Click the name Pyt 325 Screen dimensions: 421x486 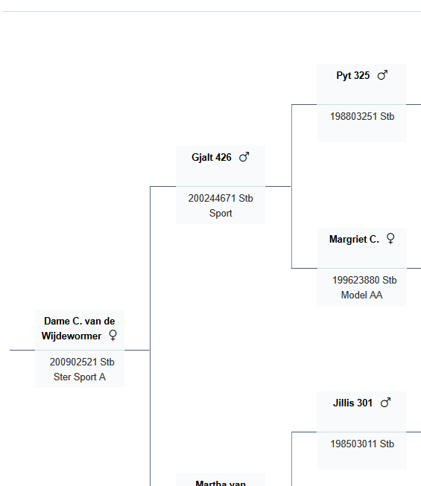(x=352, y=76)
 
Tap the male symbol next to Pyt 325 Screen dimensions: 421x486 (x=382, y=75)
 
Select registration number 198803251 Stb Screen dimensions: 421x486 (x=362, y=117)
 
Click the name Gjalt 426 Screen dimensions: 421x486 (x=212, y=158)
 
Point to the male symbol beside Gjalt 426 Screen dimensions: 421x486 (x=244, y=157)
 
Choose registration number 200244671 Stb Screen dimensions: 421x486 (x=221, y=199)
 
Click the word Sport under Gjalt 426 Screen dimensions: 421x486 (x=221, y=214)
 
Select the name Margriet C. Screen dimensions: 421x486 (x=354, y=240)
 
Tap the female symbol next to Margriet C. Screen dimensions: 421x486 (x=390, y=239)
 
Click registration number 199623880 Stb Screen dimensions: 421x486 (x=364, y=280)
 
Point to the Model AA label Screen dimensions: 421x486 (x=361, y=295)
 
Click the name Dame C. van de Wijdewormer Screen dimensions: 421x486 (x=79, y=328)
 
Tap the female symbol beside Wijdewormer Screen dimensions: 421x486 (x=113, y=335)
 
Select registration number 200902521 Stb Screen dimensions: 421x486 (x=82, y=362)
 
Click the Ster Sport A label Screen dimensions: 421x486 (x=80, y=377)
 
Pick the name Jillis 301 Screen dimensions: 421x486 (x=352, y=403)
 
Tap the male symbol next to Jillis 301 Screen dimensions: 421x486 (x=385, y=403)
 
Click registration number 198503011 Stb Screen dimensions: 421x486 (x=362, y=444)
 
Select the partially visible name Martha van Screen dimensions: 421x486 (x=221, y=483)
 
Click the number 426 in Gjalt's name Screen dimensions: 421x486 (x=224, y=158)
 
